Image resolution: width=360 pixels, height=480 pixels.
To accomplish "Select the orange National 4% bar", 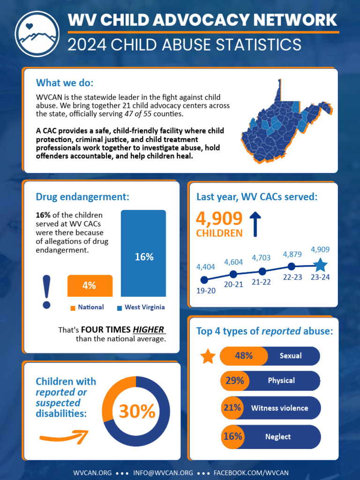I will click(x=90, y=285).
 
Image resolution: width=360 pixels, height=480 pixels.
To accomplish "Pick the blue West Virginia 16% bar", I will click(x=143, y=254).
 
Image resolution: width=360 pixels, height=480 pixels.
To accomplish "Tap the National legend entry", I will click(x=87, y=307).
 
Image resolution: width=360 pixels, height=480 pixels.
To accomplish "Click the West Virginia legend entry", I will click(x=141, y=307).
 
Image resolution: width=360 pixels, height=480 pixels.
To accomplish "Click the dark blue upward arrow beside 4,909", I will click(x=255, y=224).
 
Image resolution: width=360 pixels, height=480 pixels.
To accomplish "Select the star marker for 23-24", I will click(x=320, y=265).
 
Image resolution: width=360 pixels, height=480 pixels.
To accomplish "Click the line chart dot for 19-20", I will click(x=204, y=280).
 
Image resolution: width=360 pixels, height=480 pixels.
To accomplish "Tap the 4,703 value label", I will click(x=261, y=258).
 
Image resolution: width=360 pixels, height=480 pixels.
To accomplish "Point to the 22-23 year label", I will click(x=292, y=277).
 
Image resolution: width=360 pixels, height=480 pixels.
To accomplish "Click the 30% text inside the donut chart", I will click(x=136, y=412).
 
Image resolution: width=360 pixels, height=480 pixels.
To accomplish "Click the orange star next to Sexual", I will click(x=208, y=356).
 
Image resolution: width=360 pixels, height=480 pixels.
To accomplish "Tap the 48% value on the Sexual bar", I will click(x=244, y=356).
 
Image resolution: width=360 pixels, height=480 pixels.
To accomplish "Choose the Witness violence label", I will click(x=279, y=408).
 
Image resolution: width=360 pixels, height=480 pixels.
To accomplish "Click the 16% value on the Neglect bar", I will click(x=233, y=436).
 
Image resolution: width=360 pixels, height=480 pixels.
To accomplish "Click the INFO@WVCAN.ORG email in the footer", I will click(x=163, y=472).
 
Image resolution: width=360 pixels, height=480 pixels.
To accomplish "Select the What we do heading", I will click(x=65, y=83).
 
